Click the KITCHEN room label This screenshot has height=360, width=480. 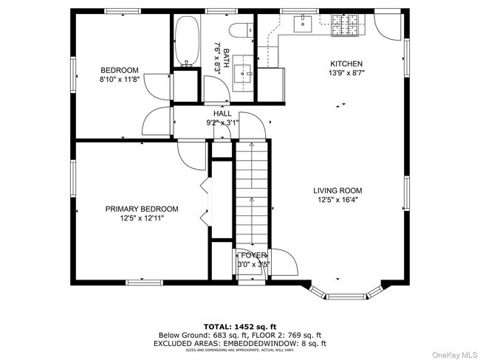(x=346, y=63)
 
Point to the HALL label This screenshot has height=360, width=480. (x=222, y=114)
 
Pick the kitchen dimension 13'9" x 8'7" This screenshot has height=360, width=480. (x=346, y=73)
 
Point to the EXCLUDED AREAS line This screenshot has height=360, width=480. (x=239, y=343)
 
